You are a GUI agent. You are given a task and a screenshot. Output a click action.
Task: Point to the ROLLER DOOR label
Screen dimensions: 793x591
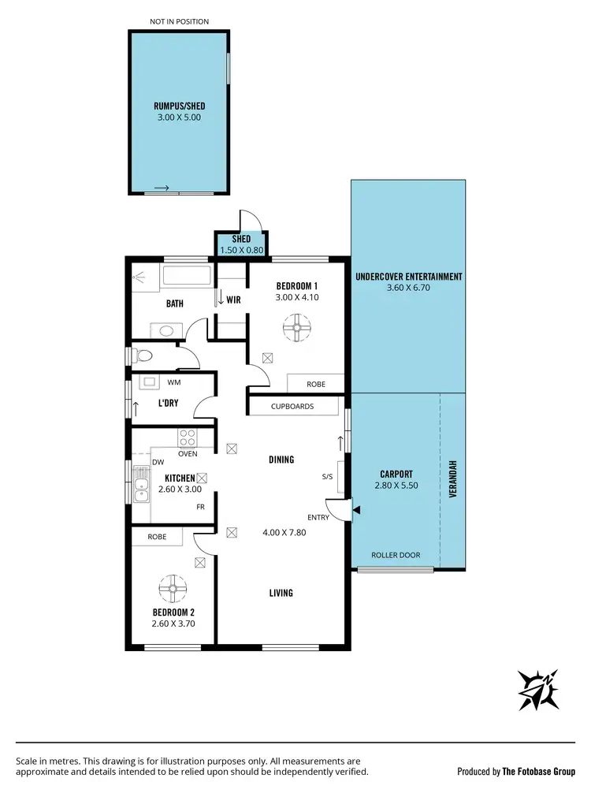[396, 555]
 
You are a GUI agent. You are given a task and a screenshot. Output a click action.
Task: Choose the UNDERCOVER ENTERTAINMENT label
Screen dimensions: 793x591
[408, 277]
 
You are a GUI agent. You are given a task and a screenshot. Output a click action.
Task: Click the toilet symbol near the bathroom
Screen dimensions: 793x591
[141, 357]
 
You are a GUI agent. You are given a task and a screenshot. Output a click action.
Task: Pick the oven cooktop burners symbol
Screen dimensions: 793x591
[188, 436]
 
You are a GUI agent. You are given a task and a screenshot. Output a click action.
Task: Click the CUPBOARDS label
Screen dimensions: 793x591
[292, 407]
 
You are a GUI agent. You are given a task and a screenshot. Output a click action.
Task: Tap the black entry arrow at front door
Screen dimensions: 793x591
[356, 511]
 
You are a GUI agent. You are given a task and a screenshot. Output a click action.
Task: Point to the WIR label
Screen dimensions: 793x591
[233, 300]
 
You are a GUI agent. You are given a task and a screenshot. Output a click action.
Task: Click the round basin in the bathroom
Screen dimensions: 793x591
[166, 331]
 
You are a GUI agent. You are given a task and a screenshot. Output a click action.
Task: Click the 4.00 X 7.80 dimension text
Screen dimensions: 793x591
[284, 532]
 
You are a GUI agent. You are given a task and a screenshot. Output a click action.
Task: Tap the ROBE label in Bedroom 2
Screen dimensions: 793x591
[157, 537]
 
